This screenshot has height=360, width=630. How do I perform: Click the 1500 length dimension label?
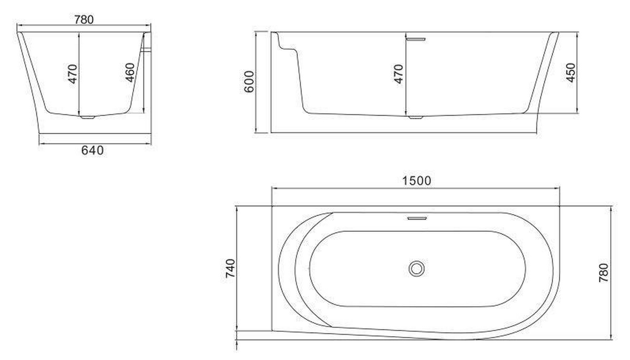(x=417, y=181)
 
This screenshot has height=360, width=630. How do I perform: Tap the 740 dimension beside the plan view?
(x=230, y=268)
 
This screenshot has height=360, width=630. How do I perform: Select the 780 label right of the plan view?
(x=603, y=273)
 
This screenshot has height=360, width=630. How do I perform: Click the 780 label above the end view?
(x=84, y=20)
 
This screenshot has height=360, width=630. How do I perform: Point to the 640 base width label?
(x=93, y=150)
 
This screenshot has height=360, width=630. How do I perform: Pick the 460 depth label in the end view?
(x=130, y=72)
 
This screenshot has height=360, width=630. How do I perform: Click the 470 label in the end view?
(x=72, y=74)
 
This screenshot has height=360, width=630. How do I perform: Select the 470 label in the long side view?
(x=399, y=74)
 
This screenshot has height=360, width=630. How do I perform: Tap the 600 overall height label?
(x=249, y=81)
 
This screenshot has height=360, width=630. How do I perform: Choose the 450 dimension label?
(x=571, y=72)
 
